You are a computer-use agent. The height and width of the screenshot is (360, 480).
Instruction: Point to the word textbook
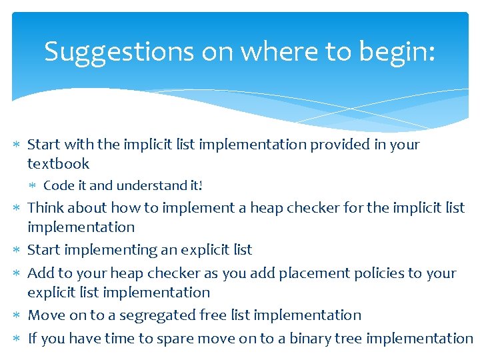[58, 163]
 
